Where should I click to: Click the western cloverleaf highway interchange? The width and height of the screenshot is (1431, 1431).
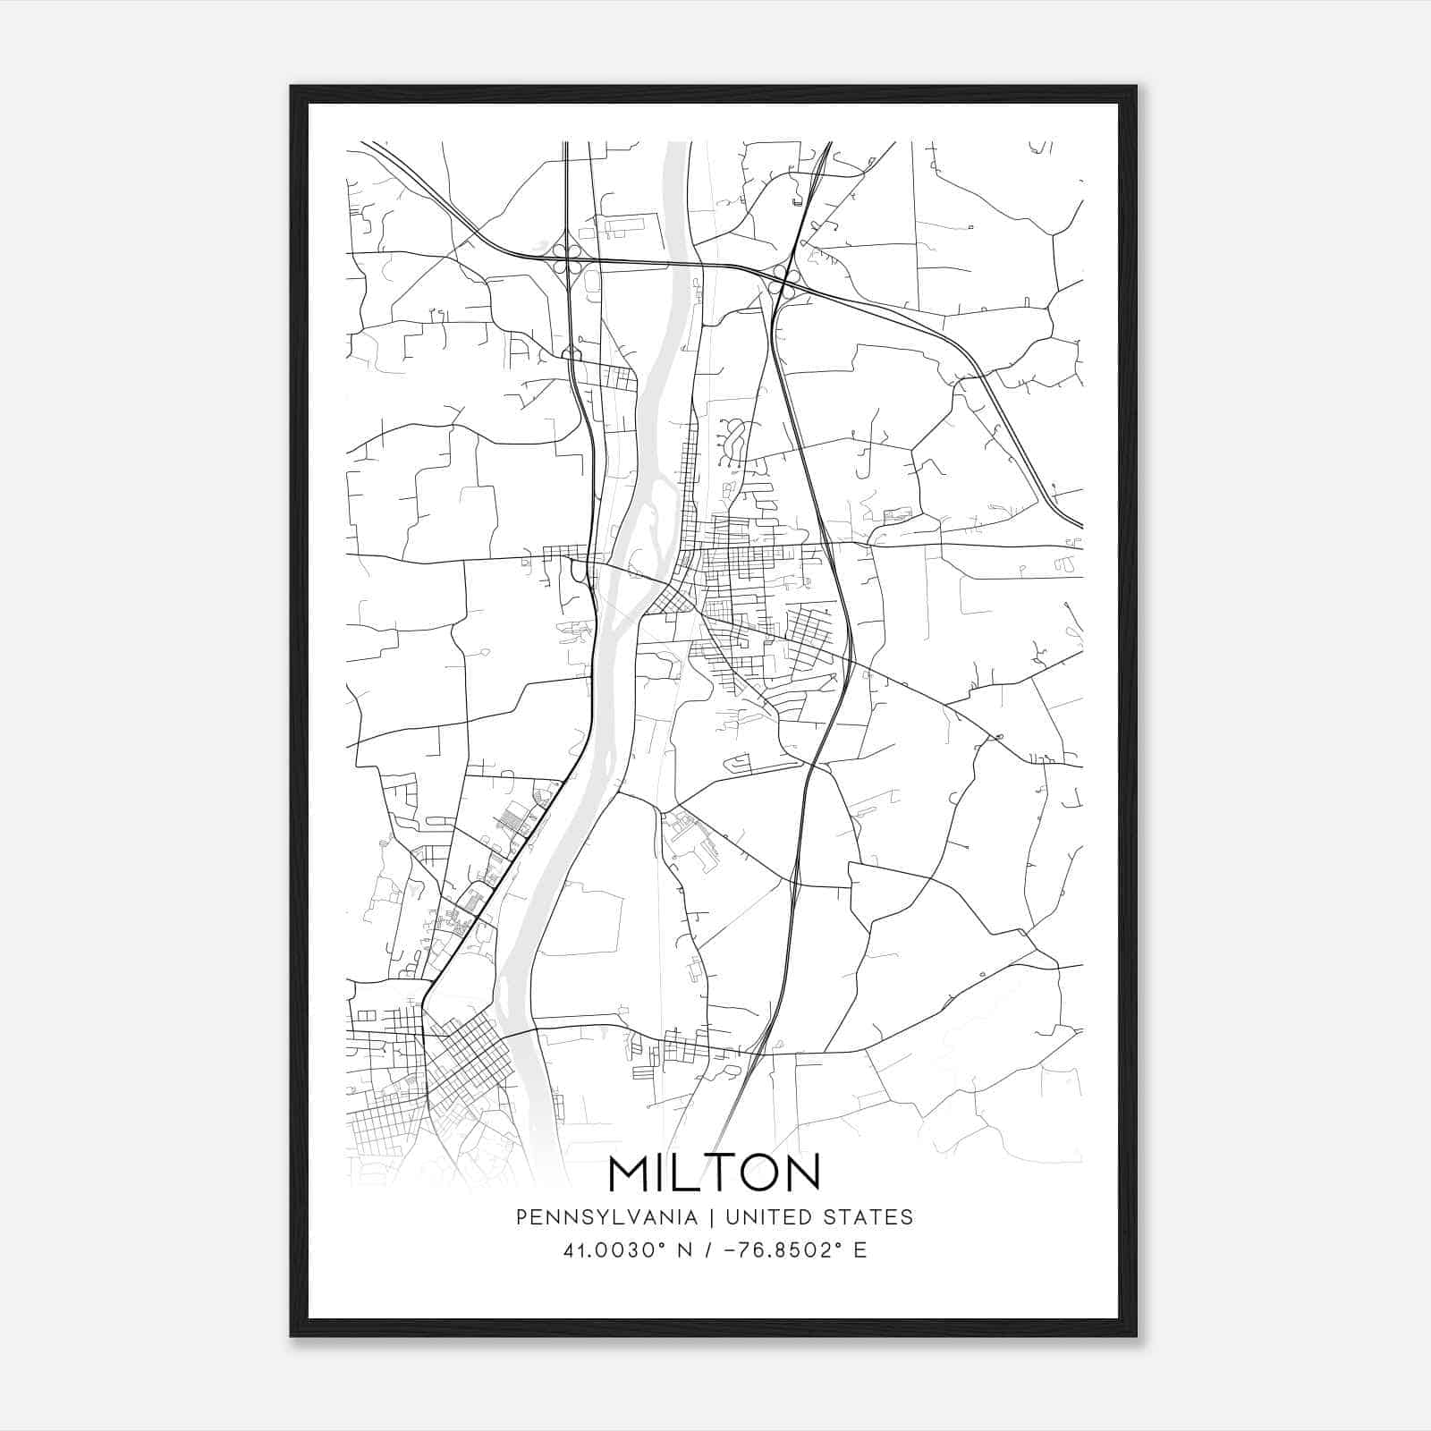[x=567, y=258]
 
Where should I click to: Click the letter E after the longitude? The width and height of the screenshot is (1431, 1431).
[x=859, y=1250]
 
